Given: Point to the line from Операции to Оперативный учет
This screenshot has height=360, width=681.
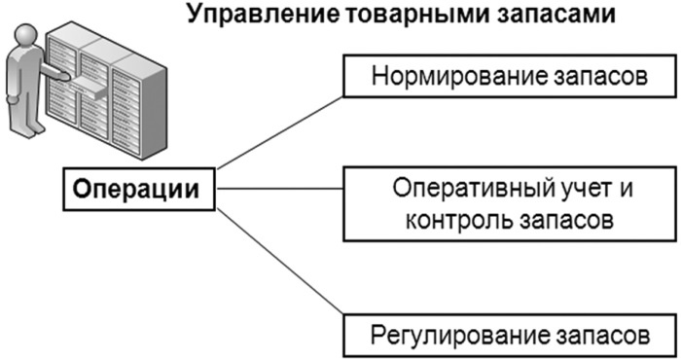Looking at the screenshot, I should point(278,190).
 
